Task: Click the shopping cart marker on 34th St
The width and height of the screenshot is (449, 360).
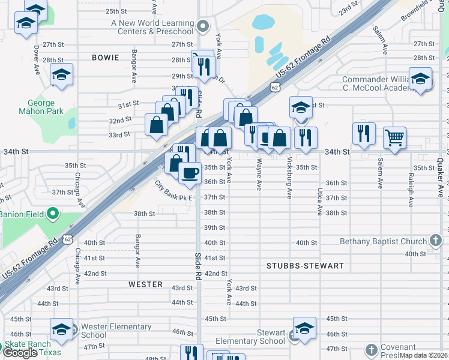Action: [x=394, y=137]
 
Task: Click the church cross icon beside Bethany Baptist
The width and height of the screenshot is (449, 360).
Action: [x=437, y=241]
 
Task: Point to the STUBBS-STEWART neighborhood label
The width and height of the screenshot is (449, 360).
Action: [x=306, y=265]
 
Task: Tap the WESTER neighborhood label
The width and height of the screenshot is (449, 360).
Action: [x=145, y=284]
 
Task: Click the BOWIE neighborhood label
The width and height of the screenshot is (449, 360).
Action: [x=106, y=58]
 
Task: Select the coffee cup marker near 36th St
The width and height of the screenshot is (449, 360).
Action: [x=190, y=173]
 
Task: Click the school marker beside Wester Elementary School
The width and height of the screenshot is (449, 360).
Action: [x=61, y=329]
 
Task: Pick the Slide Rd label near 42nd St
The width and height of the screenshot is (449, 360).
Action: [x=197, y=266]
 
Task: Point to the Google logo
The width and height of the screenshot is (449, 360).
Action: [x=20, y=353]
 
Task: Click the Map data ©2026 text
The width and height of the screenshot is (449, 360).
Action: [x=423, y=355]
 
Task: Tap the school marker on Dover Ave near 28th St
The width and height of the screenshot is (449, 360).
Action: [x=61, y=75]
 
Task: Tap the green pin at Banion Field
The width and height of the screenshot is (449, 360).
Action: [x=53, y=213]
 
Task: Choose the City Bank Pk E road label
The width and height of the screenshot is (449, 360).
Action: [x=174, y=191]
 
